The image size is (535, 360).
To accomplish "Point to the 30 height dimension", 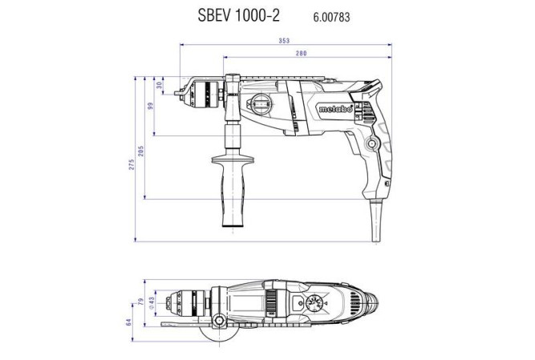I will (x=159, y=85).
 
